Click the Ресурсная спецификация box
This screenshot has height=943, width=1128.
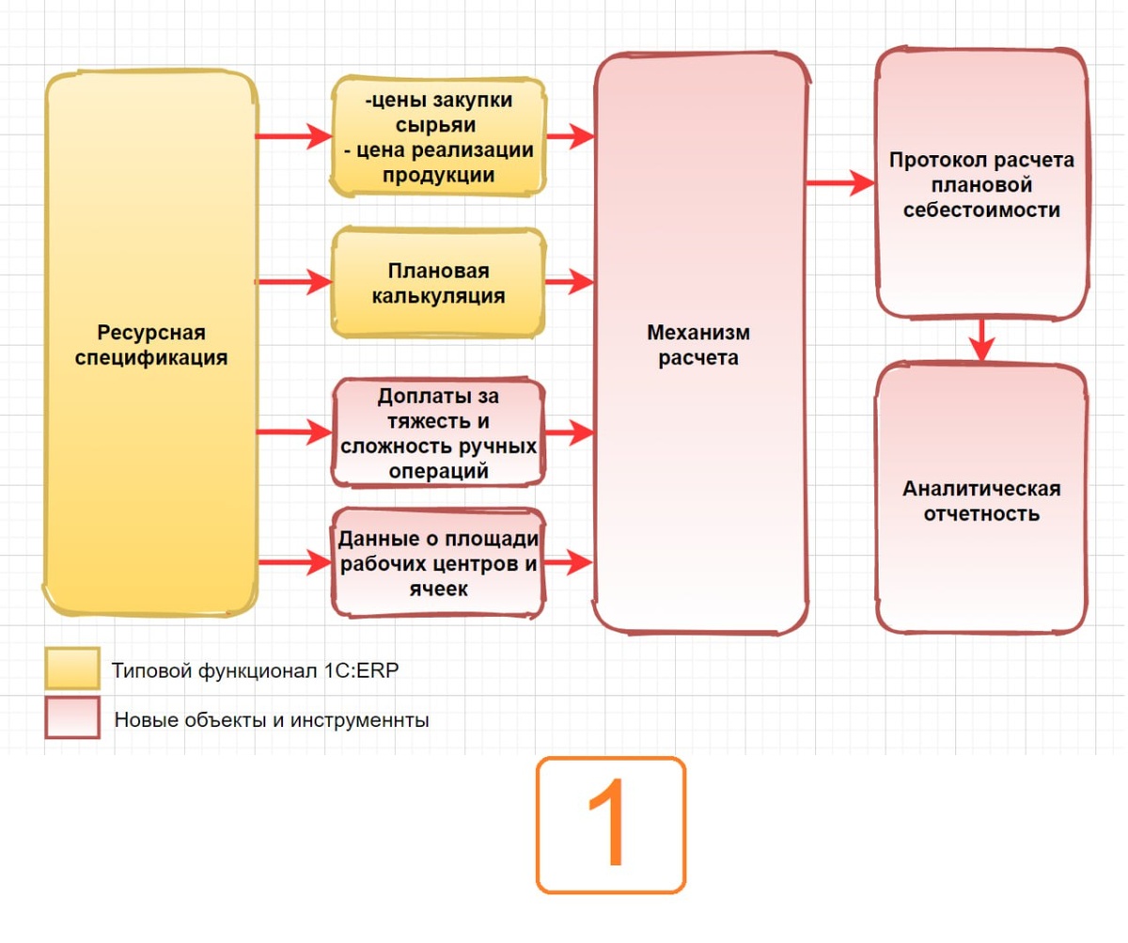click(x=150, y=345)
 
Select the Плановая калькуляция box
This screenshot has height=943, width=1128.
click(x=438, y=283)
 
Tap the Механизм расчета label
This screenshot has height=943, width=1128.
click(x=698, y=345)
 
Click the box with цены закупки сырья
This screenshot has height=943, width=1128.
click(x=438, y=137)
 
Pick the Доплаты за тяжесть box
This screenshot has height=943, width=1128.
click(x=438, y=433)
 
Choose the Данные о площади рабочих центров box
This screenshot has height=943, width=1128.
click(x=438, y=563)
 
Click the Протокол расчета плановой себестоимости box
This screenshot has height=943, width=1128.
click(x=981, y=184)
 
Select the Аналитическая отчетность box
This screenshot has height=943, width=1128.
click(x=981, y=501)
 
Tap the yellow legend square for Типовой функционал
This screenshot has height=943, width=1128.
click(x=72, y=669)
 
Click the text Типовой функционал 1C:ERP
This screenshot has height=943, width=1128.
click(x=261, y=671)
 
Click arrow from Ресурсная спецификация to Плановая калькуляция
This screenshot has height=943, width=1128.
click(x=292, y=281)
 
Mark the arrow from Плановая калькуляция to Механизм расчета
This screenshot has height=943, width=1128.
click(x=570, y=281)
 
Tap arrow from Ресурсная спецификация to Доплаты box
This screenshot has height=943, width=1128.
click(x=292, y=432)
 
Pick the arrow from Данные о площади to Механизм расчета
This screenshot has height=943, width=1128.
click(x=570, y=562)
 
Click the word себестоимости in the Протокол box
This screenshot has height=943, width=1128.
click(x=981, y=210)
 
